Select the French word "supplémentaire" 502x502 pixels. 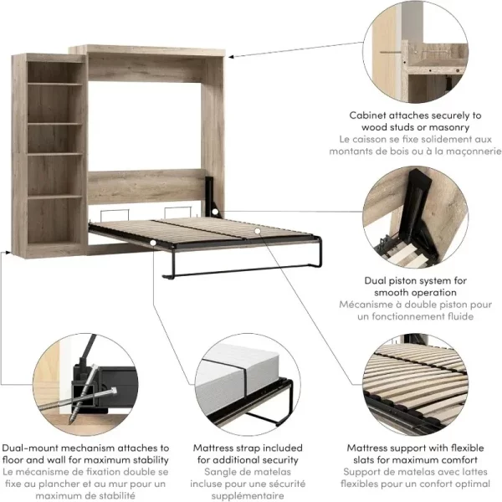click(x=248, y=495)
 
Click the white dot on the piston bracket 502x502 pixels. click(x=215, y=212)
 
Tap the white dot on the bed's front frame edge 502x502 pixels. click(x=153, y=243)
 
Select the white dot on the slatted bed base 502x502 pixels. click(x=258, y=231)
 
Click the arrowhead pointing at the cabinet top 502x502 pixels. click(x=231, y=57)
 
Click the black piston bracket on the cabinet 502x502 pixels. click(x=212, y=195)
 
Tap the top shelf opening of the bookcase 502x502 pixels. click(x=54, y=72)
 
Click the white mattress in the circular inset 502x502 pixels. click(x=238, y=377)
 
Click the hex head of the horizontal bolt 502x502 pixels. click(x=113, y=391)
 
